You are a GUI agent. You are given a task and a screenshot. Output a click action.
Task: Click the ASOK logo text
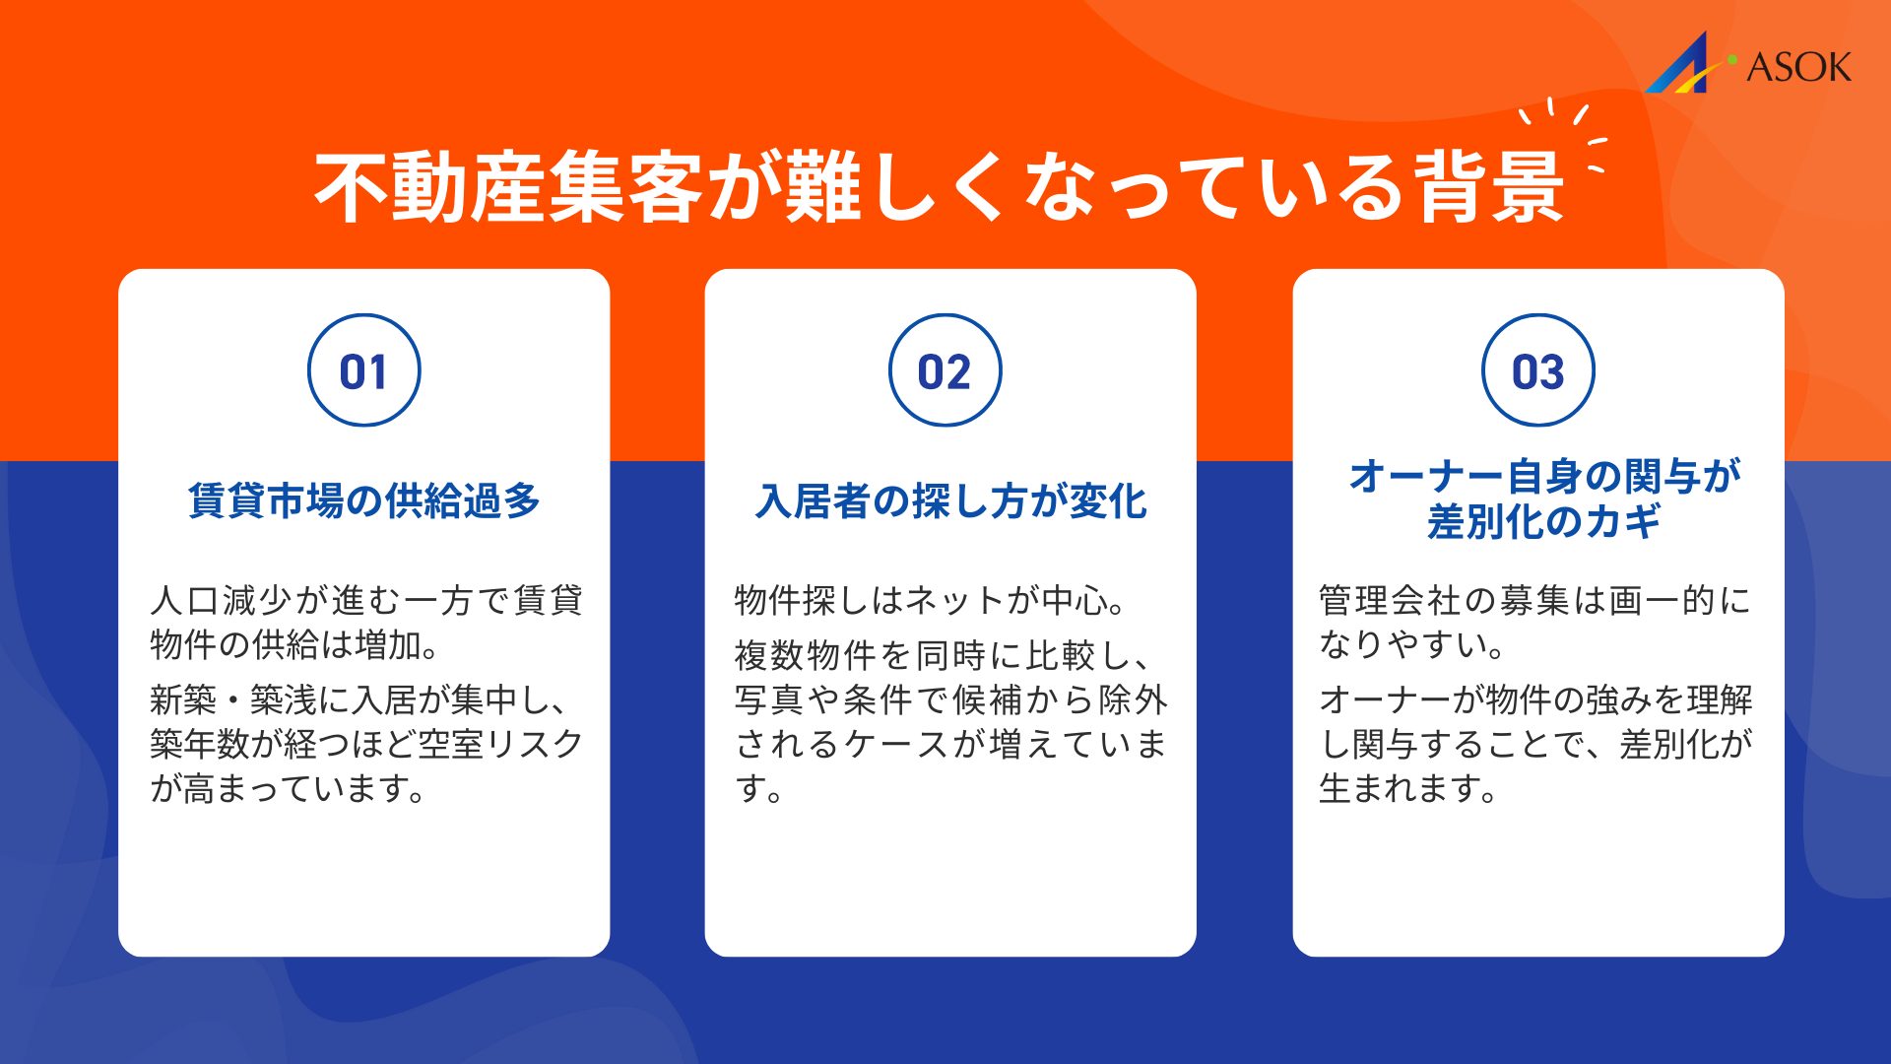click(1798, 67)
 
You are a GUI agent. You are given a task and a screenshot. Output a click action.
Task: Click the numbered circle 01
click(363, 370)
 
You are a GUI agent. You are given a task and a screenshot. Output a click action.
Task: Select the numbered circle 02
click(945, 370)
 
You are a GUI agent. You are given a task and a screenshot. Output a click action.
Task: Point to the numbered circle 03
click(1537, 370)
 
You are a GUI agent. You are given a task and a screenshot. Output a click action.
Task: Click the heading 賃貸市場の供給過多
click(363, 500)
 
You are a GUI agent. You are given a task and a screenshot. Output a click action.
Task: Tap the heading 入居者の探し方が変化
click(950, 500)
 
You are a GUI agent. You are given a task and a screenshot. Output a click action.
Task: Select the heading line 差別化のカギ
click(1543, 521)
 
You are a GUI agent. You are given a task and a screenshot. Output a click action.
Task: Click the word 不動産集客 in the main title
click(507, 187)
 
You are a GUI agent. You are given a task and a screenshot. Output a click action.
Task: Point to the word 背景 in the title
click(1489, 187)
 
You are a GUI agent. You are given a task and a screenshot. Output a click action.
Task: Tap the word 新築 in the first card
click(183, 699)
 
